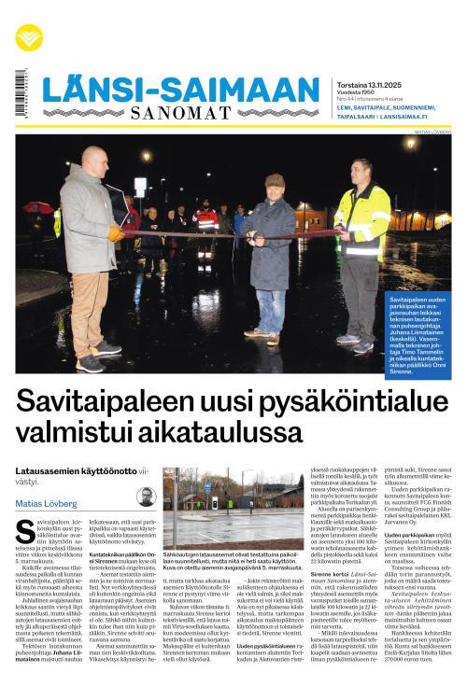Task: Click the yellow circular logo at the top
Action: (x=29, y=37)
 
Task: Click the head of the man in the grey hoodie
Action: (x=94, y=159)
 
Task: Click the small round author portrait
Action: (x=145, y=497)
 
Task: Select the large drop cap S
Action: (x=25, y=532)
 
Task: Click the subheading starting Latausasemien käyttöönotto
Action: (x=75, y=474)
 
